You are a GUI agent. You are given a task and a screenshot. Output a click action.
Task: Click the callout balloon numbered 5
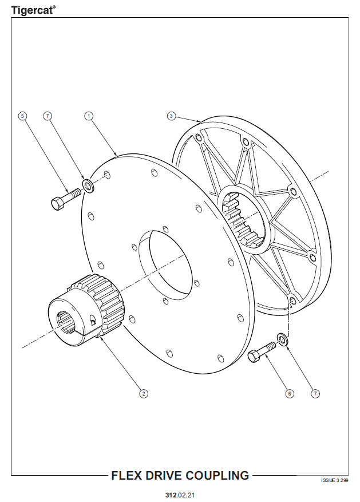(22, 116)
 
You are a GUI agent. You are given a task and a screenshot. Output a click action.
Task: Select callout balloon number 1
(89, 116)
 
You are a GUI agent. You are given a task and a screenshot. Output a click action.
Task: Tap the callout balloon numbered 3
(172, 116)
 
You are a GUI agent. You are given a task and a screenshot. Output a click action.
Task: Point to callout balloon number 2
(143, 393)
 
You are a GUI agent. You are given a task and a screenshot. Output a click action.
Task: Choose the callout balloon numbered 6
(290, 393)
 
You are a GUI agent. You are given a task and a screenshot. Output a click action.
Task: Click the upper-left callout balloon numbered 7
(48, 116)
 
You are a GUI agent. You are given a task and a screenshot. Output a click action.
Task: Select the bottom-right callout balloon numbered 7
(315, 393)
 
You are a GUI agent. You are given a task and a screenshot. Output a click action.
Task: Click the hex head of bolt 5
(58, 204)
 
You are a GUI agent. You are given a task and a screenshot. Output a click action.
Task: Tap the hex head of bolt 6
(254, 357)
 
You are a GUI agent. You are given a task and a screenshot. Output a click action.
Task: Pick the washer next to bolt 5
(88, 186)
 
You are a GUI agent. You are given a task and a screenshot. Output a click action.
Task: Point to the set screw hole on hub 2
(93, 321)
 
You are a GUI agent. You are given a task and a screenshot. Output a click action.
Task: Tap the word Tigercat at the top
(32, 10)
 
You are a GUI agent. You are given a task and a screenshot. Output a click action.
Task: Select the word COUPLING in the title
(217, 476)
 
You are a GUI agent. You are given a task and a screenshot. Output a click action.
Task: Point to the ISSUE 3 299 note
(334, 480)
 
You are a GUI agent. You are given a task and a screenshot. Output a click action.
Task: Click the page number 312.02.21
(180, 495)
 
